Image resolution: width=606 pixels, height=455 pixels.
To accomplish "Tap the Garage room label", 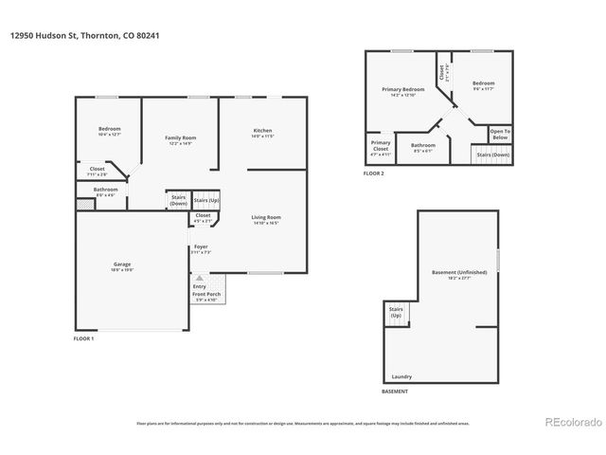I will pos(123,265).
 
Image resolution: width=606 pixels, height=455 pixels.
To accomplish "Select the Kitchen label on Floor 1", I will pos(262,132).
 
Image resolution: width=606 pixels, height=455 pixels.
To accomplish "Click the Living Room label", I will pos(266,219).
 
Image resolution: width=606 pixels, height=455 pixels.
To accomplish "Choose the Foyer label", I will pos(201,248).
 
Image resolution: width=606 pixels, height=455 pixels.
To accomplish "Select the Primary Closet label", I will pos(381,147).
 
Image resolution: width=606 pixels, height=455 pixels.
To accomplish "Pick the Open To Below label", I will pos(500,133).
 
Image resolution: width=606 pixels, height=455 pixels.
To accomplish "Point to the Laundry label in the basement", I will pos(401,376).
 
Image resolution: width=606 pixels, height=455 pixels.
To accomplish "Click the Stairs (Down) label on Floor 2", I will pos(492,154).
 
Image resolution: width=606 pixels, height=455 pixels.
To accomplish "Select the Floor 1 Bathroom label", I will pos(105,191).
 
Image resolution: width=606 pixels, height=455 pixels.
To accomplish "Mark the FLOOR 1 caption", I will pos(85,338).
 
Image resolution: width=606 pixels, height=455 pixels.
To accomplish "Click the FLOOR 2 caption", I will pos(375,174).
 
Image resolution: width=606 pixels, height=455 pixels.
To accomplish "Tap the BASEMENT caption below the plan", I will pos(395,391).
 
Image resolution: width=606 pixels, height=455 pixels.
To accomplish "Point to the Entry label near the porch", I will pos(199,286).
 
